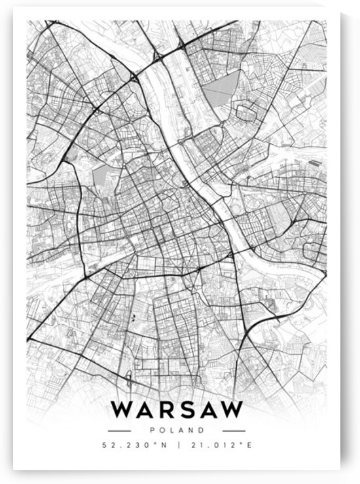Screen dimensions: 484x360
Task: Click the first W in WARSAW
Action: pos(122,409)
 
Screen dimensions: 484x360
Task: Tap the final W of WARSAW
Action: pos(231,409)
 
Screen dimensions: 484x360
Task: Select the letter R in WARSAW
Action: pos(168,409)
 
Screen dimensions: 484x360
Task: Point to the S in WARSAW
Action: pos(188,409)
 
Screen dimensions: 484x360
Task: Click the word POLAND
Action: pos(177,430)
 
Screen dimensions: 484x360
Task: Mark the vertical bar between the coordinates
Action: pos(177,446)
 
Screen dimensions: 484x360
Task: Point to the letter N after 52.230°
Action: pos(162,446)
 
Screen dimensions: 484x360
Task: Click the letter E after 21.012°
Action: pos(249,446)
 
